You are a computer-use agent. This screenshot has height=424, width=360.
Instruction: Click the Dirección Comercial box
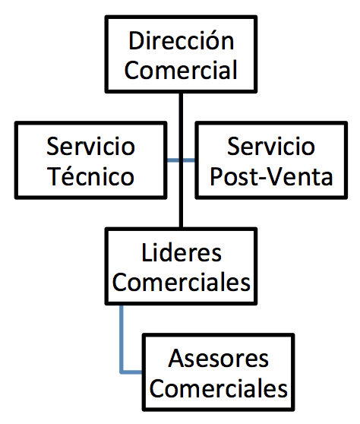pyautogui.click(x=181, y=54)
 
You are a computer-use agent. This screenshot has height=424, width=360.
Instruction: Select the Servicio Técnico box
pyautogui.click(x=90, y=160)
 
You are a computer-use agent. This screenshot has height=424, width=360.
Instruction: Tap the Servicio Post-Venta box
pyautogui.click(x=271, y=160)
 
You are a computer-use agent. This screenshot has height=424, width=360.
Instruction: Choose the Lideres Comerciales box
pyautogui.click(x=181, y=266)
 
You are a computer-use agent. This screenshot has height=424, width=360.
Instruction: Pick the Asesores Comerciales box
pyautogui.click(x=219, y=372)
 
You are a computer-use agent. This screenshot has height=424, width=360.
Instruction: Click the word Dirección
pyautogui.click(x=181, y=40)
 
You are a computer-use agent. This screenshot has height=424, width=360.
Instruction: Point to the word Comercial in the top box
pyautogui.click(x=181, y=70)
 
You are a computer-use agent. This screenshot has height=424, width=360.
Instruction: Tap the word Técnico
pyautogui.click(x=90, y=176)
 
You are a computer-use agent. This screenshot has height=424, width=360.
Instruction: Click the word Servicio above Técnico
pyautogui.click(x=90, y=147)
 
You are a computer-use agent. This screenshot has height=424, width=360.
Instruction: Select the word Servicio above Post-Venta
pyautogui.click(x=271, y=147)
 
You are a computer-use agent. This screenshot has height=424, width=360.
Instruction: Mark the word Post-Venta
pyautogui.click(x=271, y=176)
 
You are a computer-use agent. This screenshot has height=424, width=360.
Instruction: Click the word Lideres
pyautogui.click(x=182, y=252)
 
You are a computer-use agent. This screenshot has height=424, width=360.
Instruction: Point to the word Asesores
pyautogui.click(x=219, y=359)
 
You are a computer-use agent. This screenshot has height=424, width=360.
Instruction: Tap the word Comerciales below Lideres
pyautogui.click(x=181, y=282)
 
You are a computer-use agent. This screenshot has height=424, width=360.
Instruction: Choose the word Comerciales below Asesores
pyautogui.click(x=219, y=388)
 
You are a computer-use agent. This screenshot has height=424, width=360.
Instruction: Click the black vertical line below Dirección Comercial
pyautogui.click(x=181, y=160)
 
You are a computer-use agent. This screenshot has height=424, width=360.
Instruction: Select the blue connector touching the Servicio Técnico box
pyautogui.click(x=172, y=160)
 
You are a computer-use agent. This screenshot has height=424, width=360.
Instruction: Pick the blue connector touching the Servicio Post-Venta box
pyautogui.click(x=189, y=160)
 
